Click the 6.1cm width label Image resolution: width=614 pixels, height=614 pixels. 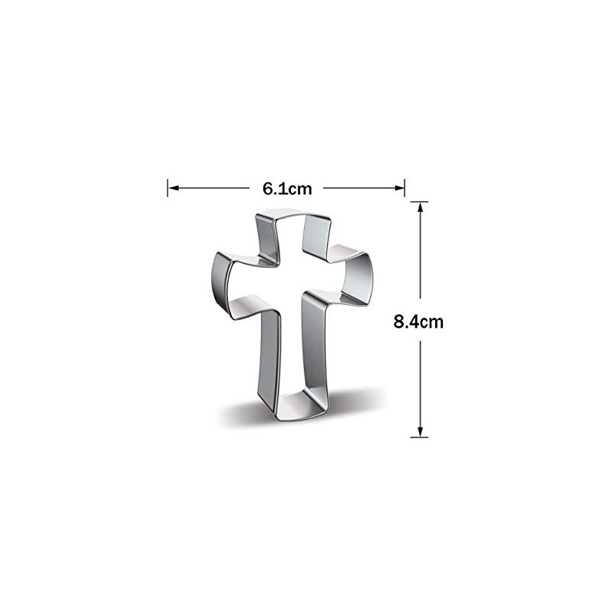click(x=287, y=189)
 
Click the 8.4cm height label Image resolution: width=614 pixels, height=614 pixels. click(x=418, y=322)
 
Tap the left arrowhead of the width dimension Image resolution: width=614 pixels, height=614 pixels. click(x=173, y=188)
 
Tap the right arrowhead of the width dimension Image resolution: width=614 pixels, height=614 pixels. click(x=399, y=188)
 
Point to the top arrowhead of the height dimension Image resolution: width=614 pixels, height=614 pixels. click(x=420, y=207)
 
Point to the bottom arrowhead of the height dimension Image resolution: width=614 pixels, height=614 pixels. click(x=420, y=431)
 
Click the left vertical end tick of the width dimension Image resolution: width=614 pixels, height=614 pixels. click(x=167, y=188)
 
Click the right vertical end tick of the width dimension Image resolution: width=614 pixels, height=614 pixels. click(x=404, y=188)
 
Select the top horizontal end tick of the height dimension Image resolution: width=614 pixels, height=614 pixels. click(x=419, y=202)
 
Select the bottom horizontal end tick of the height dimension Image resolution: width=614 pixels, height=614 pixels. click(x=419, y=437)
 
